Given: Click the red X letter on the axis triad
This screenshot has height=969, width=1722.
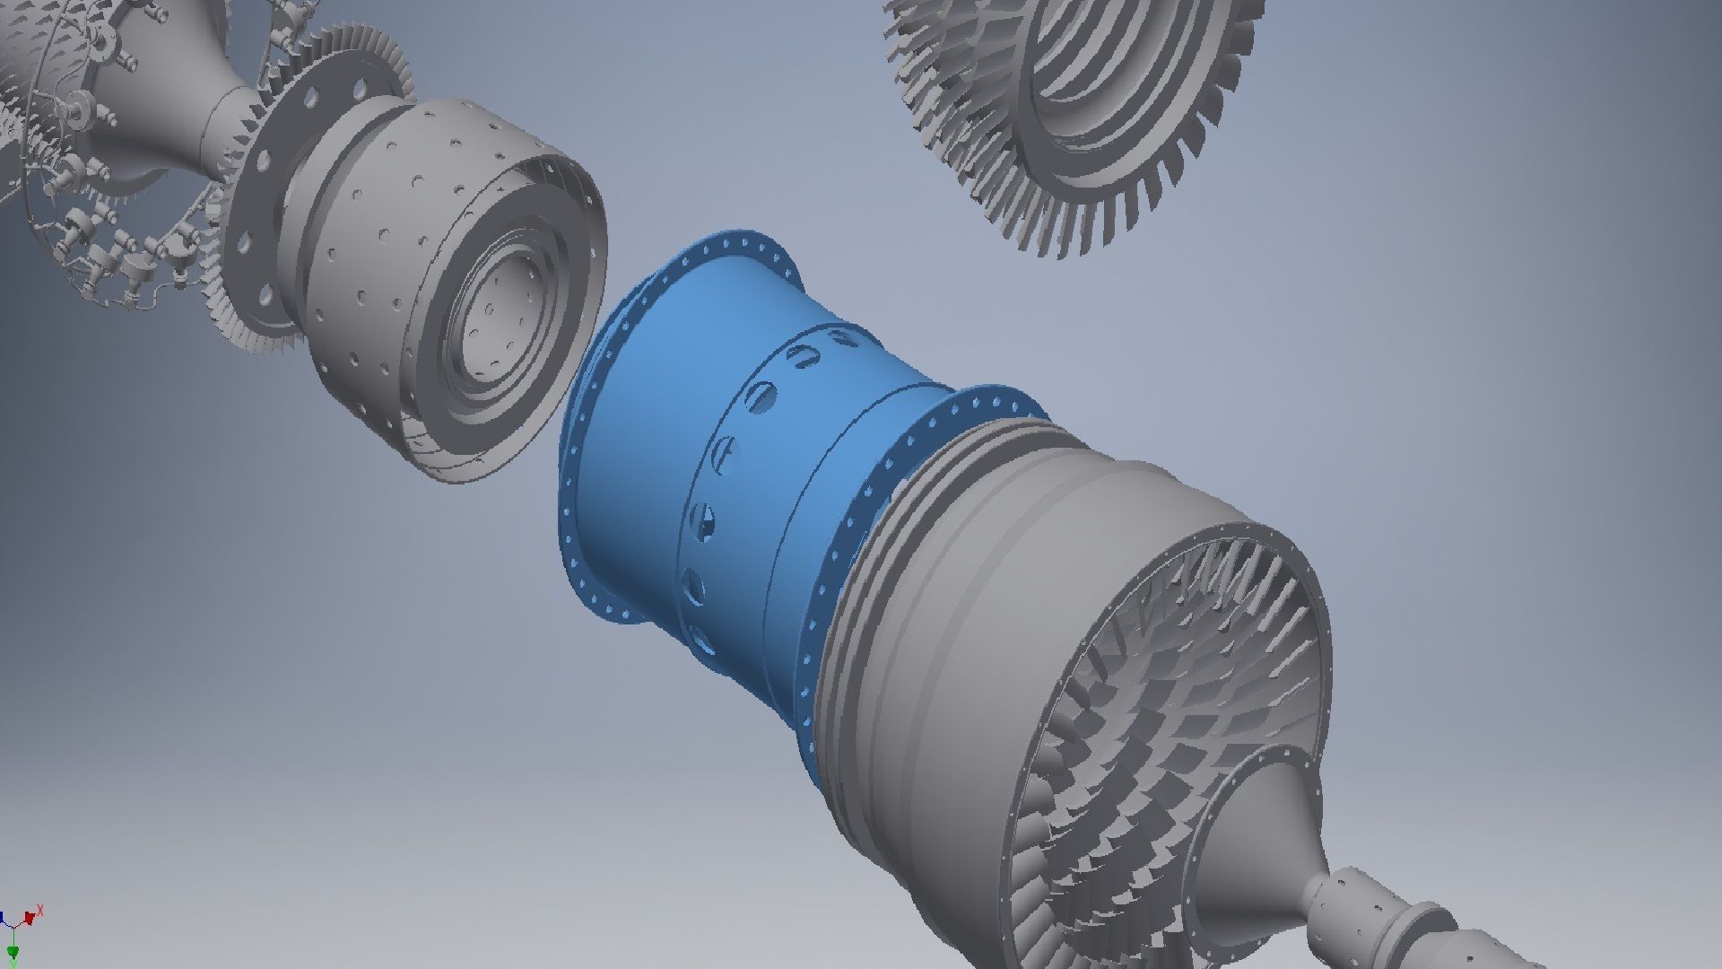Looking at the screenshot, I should click(40, 911).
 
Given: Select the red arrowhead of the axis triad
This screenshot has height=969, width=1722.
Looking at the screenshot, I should click(30, 918).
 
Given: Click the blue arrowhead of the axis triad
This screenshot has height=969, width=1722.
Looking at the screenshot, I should click(3, 921).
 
